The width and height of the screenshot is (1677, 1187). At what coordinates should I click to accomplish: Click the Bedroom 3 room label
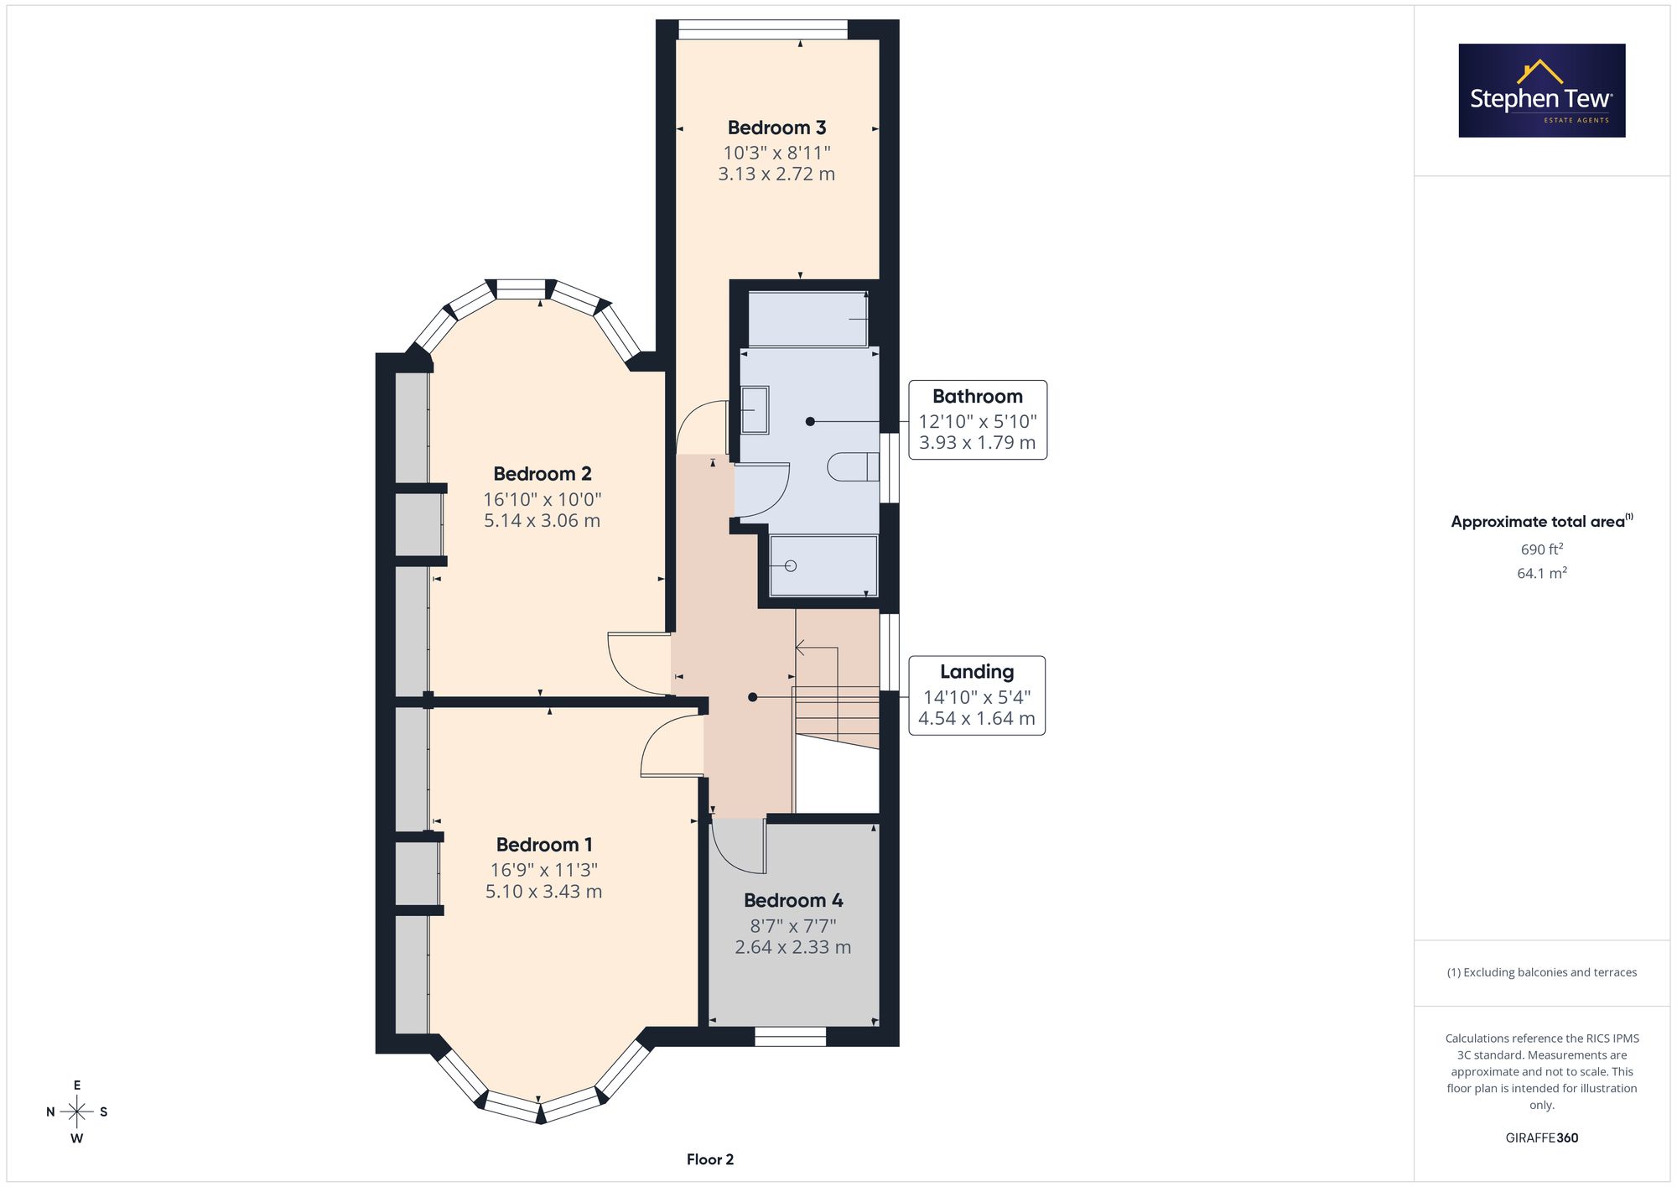point(776,128)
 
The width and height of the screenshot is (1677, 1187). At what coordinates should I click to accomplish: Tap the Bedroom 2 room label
point(542,474)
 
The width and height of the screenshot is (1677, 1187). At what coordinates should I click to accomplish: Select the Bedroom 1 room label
point(543,845)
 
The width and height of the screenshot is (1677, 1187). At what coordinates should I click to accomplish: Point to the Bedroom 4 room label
point(793,900)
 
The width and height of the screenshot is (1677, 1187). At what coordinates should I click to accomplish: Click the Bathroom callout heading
point(978,396)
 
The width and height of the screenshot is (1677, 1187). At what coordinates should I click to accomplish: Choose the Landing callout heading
point(977,671)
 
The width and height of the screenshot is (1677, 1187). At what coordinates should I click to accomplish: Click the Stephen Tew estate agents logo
point(1542,91)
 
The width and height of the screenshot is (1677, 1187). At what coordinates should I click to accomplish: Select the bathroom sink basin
point(755,409)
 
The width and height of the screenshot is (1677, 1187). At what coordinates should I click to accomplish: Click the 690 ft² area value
point(1542,549)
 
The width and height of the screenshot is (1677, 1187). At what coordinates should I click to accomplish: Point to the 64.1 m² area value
point(1542,573)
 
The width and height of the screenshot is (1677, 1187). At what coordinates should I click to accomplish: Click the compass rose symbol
point(77,1112)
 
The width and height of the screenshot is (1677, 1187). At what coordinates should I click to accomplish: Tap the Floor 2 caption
point(710,1159)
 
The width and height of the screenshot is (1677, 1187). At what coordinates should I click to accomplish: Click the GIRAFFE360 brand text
point(1542,1138)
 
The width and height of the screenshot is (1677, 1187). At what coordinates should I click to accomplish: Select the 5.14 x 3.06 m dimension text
point(542,520)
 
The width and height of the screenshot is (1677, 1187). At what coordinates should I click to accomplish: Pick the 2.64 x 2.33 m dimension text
point(793,947)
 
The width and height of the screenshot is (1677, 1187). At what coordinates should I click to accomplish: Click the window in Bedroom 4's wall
point(791,1037)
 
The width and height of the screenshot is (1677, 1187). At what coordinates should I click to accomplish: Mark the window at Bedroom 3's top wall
point(763,29)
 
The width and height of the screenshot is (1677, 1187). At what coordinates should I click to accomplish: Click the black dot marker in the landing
point(752,697)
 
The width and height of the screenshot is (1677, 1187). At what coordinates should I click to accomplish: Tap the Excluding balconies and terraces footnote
point(1542,972)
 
